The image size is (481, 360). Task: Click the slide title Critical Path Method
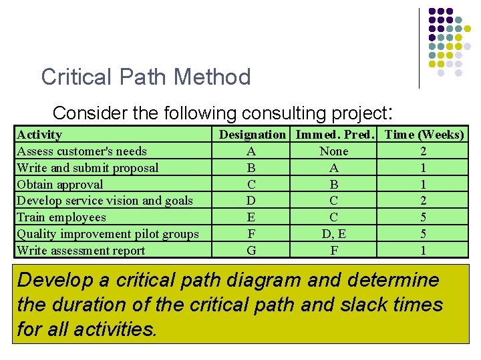tap(146, 77)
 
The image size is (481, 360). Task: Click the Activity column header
tap(39, 135)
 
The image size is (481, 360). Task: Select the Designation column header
tap(252, 135)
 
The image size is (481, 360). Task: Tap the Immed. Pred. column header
tap(334, 135)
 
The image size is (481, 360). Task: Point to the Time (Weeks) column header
tap(424, 135)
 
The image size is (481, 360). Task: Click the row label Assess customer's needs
tap(82, 151)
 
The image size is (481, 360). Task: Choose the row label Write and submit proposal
tap(88, 168)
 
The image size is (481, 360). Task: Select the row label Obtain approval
tap(60, 185)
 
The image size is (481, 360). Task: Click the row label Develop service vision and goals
tap(105, 201)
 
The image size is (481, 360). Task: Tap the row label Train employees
tap(61, 217)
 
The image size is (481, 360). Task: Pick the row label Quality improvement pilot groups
tap(108, 234)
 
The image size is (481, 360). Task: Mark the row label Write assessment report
tap(81, 251)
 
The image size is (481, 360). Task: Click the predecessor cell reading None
tap(334, 151)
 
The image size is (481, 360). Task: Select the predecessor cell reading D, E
tap(334, 234)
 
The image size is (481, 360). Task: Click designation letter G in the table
tap(251, 251)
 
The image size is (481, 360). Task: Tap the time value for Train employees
tap(424, 217)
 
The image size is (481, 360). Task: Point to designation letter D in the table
tap(251, 201)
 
